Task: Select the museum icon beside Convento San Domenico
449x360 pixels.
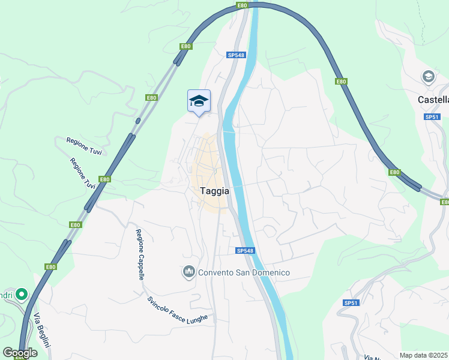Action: (x=189, y=272)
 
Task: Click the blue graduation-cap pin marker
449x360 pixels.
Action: (x=199, y=101)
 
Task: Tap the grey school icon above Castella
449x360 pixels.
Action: (x=428, y=76)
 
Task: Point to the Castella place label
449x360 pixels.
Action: (x=433, y=100)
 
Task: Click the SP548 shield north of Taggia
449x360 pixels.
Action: (x=236, y=55)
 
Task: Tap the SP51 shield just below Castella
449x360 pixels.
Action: (x=432, y=117)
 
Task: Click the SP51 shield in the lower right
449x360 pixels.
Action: (x=351, y=303)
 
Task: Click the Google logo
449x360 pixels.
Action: (x=20, y=353)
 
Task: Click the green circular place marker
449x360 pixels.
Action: (x=22, y=294)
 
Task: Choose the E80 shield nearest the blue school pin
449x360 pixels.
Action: (x=151, y=97)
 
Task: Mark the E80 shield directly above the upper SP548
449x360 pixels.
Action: (x=242, y=5)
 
